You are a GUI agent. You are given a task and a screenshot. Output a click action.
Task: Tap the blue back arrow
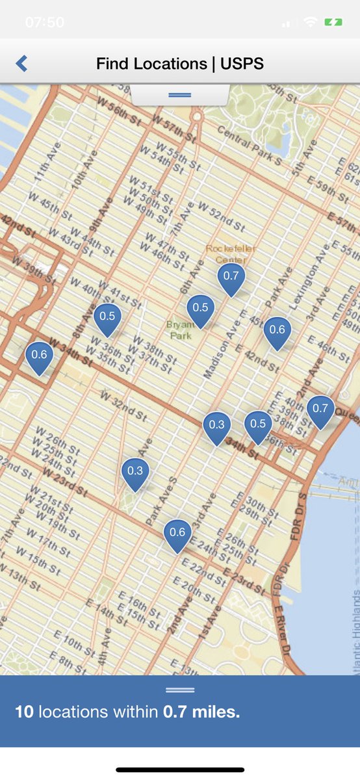click(x=21, y=63)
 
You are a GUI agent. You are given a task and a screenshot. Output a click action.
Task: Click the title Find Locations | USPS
click(x=180, y=64)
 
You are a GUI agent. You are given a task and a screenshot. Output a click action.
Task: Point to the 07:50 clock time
click(x=45, y=22)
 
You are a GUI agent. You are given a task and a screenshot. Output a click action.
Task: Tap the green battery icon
click(x=333, y=22)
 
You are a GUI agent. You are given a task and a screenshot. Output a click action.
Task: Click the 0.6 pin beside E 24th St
click(x=177, y=534)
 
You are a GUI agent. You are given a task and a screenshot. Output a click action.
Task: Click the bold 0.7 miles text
click(x=201, y=712)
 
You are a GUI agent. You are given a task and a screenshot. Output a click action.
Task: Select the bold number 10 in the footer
click(x=24, y=712)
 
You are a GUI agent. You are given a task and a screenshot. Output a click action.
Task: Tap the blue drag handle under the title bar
click(x=179, y=95)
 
